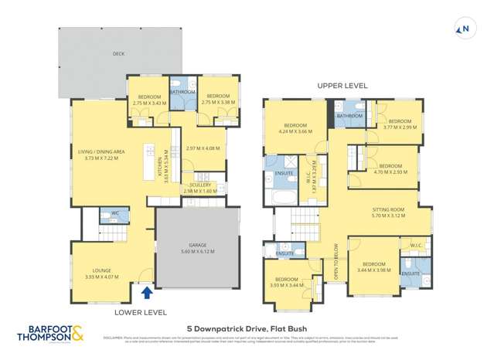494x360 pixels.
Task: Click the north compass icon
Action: pos(465,30)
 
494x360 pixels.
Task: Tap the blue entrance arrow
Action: pos(147,292)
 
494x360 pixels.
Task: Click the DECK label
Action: pos(118,54)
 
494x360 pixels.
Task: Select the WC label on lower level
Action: pos(114,212)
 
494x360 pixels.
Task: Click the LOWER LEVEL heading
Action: pos(140,312)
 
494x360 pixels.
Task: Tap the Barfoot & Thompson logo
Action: pos(50,335)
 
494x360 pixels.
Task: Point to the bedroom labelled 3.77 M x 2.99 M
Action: pos(400,124)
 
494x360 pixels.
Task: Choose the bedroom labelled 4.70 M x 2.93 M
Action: pos(390,169)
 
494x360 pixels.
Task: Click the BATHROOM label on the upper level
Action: pos(349,116)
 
